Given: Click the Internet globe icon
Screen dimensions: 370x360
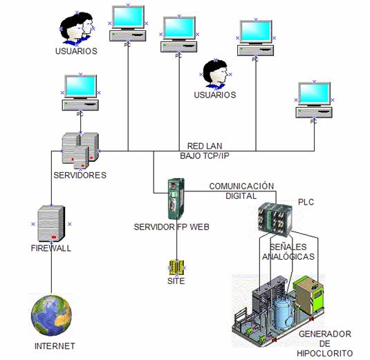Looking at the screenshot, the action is coord(51,316).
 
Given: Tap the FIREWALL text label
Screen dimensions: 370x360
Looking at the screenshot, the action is coord(51,248).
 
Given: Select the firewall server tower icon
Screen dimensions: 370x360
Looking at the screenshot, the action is coord(51,223).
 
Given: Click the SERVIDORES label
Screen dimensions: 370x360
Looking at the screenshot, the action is coord(80,176).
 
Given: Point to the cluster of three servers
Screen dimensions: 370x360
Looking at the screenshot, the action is coord(80,151).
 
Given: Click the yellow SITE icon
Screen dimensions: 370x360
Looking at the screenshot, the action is coord(176,267).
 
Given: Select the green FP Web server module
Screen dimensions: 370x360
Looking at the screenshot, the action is coord(176,199).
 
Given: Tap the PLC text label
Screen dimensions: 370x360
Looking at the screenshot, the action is coord(306,202).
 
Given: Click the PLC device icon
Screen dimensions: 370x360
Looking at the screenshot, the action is coord(275,220).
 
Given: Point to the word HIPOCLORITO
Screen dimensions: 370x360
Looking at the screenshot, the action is coord(324,353).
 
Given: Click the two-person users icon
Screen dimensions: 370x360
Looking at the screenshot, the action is coord(77,28).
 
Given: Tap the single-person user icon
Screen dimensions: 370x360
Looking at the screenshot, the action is coord(216,74).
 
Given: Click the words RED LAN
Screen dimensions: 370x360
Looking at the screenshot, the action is coord(205,146).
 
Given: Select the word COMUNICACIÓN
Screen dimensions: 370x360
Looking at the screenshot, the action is coord(241,186).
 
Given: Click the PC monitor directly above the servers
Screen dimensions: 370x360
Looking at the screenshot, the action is coord(80,87).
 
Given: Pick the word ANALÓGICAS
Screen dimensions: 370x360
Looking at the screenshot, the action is coord(288,256).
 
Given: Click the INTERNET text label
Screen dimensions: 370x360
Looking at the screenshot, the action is coord(55,346).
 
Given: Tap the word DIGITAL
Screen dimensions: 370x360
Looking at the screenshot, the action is coord(241,196).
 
